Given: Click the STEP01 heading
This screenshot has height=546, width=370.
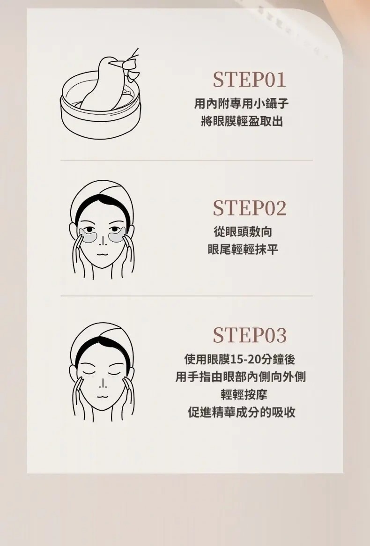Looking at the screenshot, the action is tap(249, 80).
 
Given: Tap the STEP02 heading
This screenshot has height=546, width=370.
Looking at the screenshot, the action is tap(250, 208).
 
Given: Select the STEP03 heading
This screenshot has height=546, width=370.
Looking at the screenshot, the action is tap(250, 335).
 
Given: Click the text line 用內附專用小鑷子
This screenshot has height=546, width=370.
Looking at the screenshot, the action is tap(242, 103).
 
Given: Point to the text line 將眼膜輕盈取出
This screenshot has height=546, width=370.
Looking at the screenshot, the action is tap(242, 121).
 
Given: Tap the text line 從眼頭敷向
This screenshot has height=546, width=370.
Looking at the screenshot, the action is tap(243, 232).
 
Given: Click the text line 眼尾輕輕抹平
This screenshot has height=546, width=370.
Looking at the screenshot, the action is tap(243, 249).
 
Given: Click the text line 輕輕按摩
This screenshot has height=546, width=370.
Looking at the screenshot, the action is tap(244, 395).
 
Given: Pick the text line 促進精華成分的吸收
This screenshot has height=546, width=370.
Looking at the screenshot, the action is tap(242, 412).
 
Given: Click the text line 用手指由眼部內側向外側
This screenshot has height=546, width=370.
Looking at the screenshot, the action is tap(241, 377).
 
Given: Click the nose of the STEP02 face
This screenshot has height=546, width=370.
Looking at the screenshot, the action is tap(103, 241).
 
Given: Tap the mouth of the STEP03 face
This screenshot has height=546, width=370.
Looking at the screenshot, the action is tap(103, 396).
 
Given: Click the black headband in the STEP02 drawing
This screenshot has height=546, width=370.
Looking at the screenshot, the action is tap(102, 206).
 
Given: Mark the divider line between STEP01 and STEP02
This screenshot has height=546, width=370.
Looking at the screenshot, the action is tap(186, 160).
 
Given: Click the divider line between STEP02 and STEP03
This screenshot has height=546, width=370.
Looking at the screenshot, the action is tap(186, 296).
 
